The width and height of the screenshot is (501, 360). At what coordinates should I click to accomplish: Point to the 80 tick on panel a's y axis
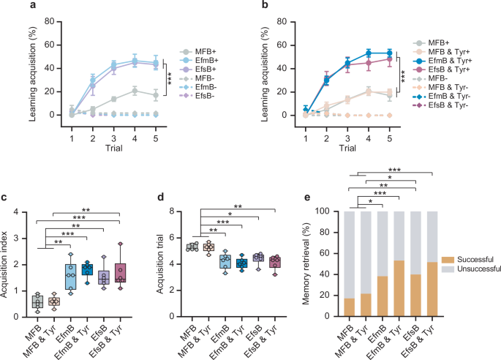tap(30, 21)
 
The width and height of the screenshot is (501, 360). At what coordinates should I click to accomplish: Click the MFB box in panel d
tap(192, 247)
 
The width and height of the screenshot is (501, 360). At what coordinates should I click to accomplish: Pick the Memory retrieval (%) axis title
tap(301, 263)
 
